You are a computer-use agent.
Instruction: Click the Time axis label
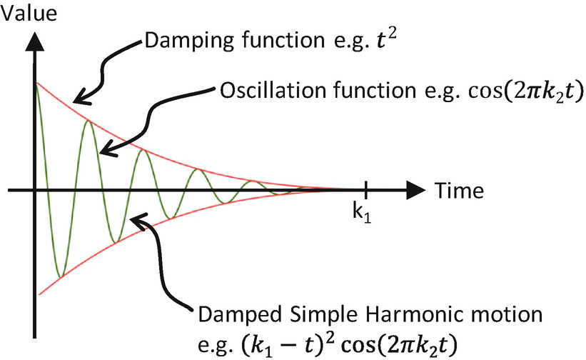click(x=456, y=191)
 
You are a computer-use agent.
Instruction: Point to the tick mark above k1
click(x=365, y=190)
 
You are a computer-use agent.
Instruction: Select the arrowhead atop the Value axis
click(x=33, y=41)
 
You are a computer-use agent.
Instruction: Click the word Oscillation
click(x=263, y=92)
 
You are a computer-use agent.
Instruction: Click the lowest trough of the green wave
click(x=61, y=276)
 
